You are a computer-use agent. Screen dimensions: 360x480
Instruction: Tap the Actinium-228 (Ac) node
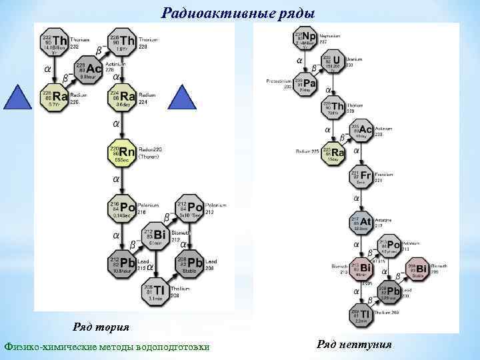(89, 70)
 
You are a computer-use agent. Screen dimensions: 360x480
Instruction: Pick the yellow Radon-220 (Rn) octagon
(123, 153)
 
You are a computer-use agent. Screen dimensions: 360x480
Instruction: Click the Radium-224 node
(123, 98)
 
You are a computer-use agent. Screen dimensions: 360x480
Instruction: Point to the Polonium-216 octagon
(123, 208)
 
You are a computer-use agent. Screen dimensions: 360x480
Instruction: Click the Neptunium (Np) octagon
(306, 39)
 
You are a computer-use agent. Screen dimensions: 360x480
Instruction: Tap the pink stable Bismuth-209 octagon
(417, 268)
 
